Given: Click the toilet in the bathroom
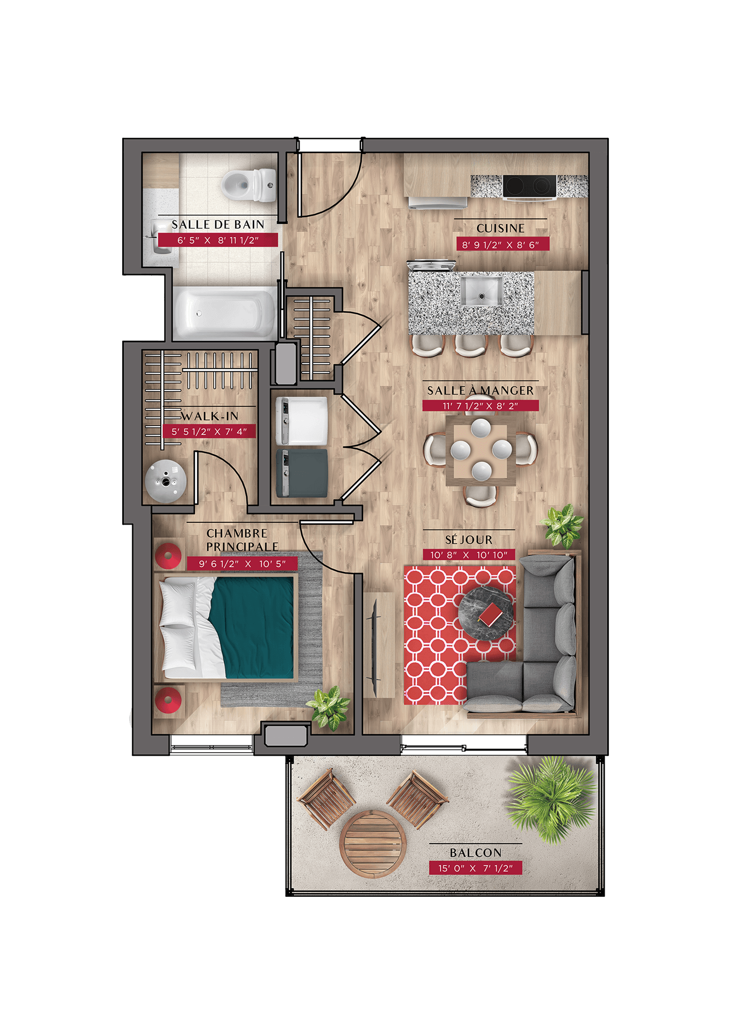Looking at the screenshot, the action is pos(249,185).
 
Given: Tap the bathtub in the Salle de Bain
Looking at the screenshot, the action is pos(224,313).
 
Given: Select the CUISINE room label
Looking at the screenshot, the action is pos(500,228).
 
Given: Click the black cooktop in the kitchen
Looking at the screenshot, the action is pos(529,186).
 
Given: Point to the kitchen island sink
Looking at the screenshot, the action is pos(481,291).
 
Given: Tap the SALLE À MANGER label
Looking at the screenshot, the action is pos(480,391).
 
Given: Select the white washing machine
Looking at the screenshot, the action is pos(302,421).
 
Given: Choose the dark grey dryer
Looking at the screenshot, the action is pos(302,473).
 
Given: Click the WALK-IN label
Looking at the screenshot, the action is pos(209,416).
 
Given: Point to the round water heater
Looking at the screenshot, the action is pos(166,481).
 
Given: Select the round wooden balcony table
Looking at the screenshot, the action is pos(373,844).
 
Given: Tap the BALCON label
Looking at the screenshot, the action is pos(476,853).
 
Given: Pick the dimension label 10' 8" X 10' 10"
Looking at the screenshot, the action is pos(469,555).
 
